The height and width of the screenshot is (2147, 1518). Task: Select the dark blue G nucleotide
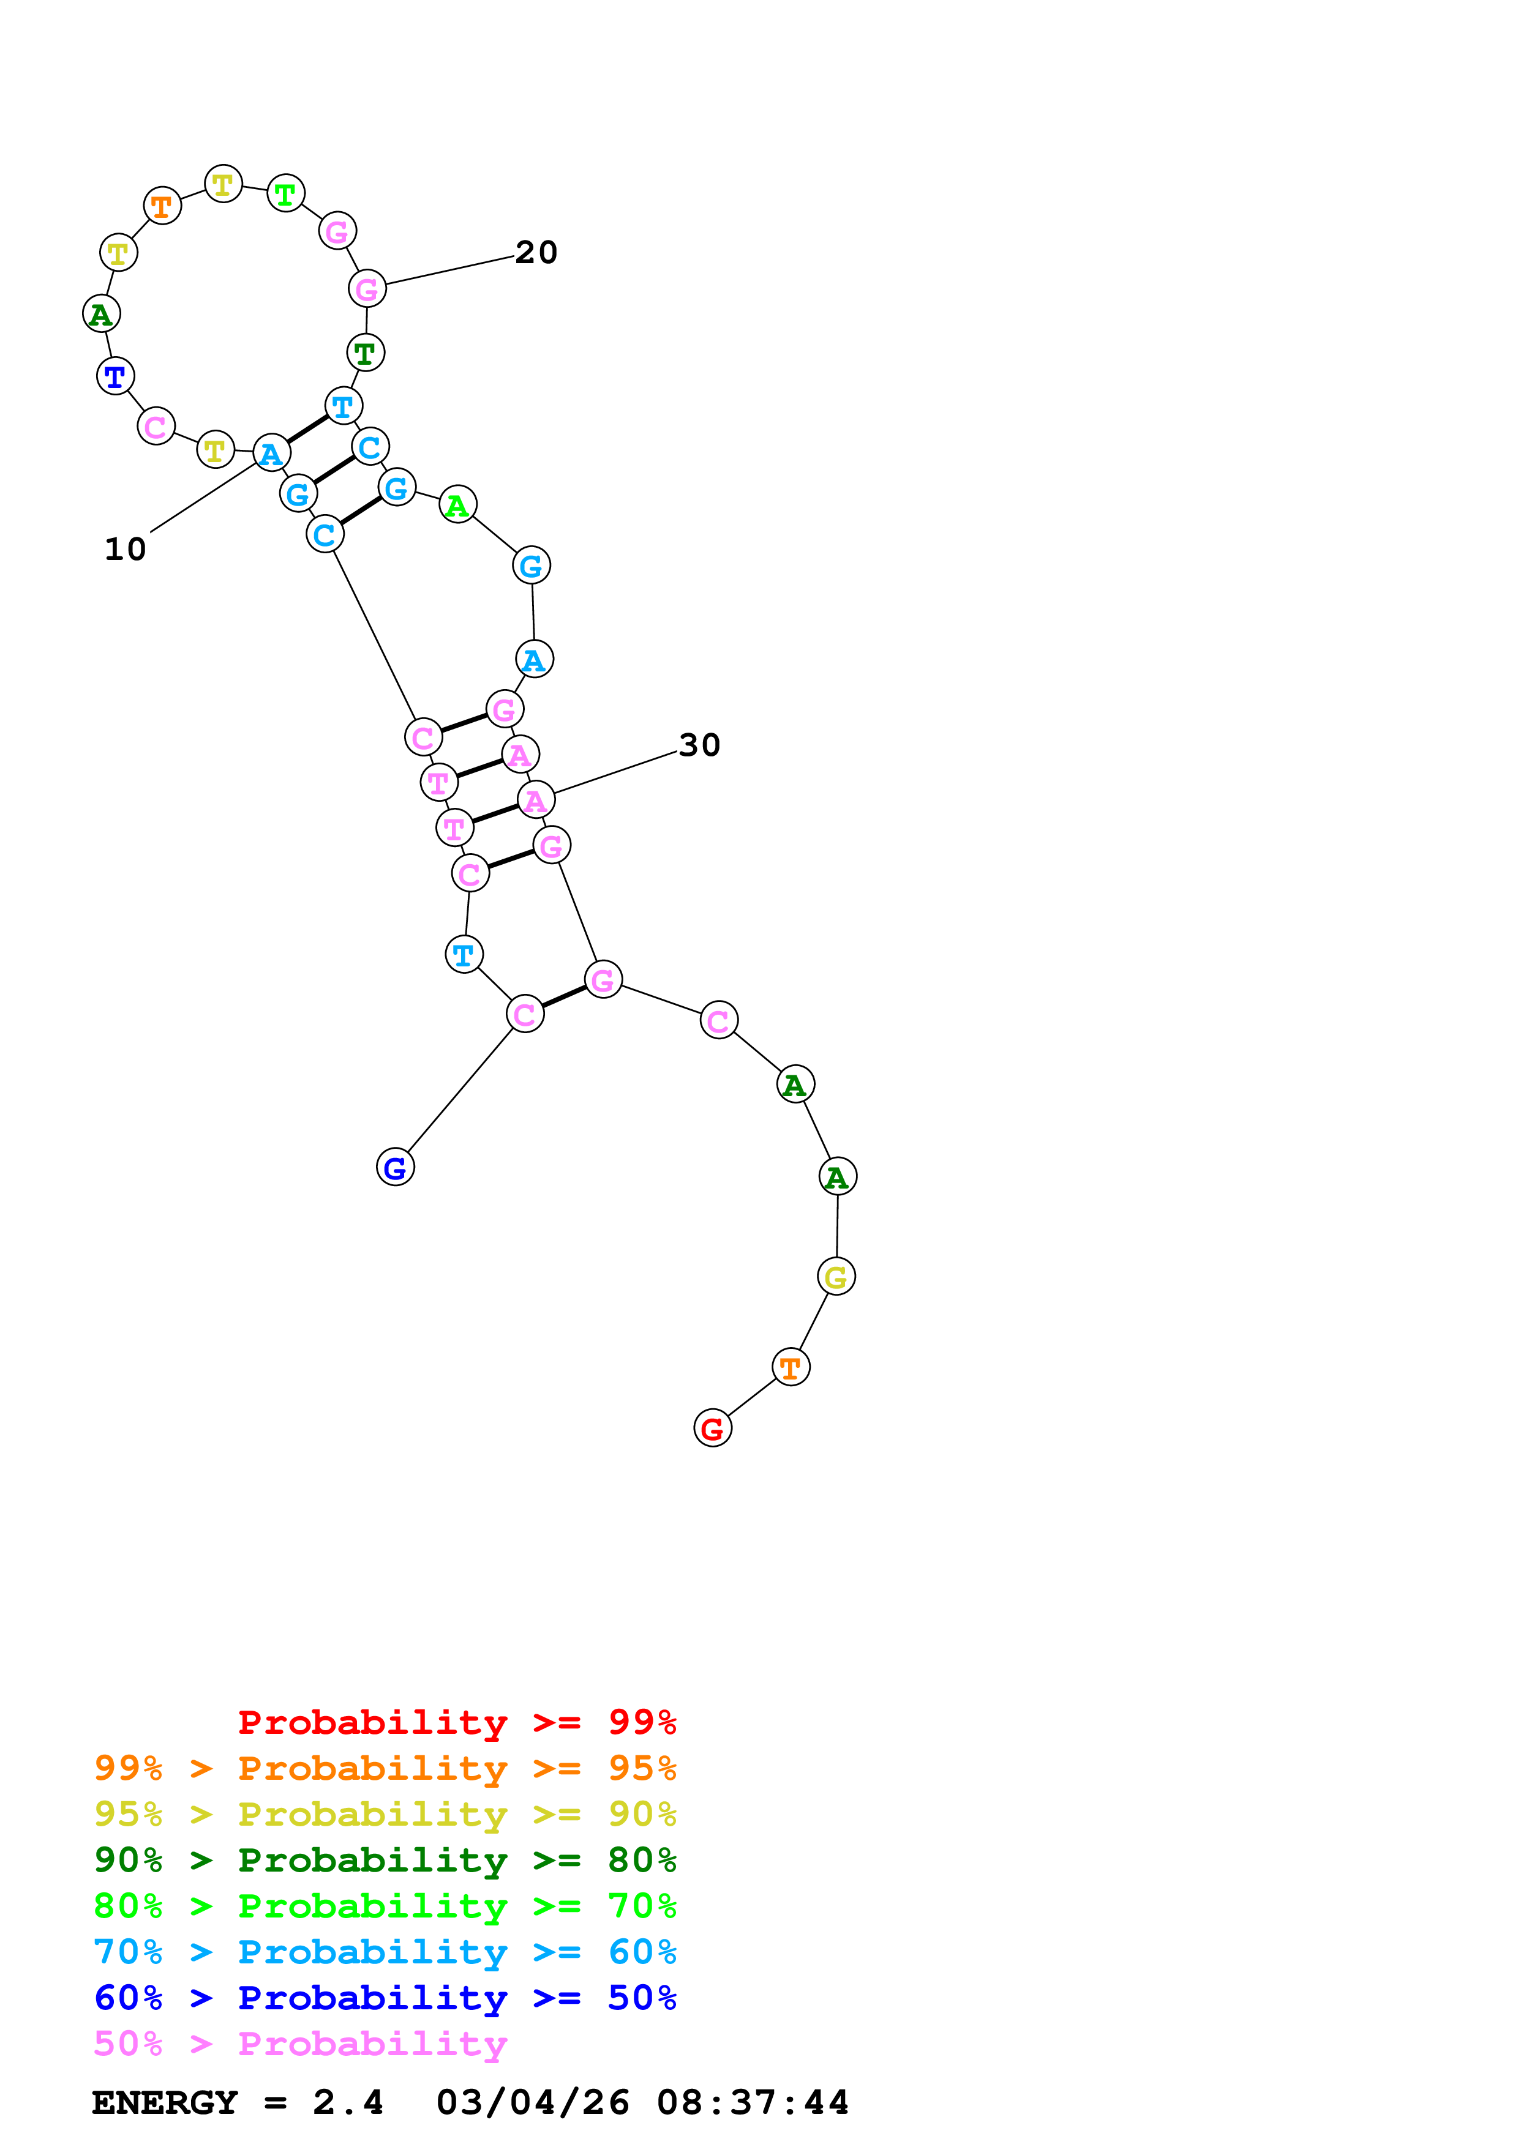click(x=395, y=1167)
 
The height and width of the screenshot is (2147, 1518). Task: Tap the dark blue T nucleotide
click(x=115, y=376)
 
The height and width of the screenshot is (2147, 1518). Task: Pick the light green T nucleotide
click(x=285, y=193)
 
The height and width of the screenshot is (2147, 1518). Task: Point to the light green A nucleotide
click(x=457, y=505)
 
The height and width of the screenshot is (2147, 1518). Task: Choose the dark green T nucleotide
click(x=365, y=353)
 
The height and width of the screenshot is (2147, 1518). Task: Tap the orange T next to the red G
click(x=791, y=1367)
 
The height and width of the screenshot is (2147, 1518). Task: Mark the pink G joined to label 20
click(x=367, y=289)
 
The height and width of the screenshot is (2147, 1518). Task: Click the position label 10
click(x=126, y=549)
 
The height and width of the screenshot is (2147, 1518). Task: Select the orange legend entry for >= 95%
click(x=385, y=1768)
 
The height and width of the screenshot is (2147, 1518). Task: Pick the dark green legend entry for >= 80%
click(x=385, y=1860)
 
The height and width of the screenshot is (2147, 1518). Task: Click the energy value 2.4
click(x=348, y=2102)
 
